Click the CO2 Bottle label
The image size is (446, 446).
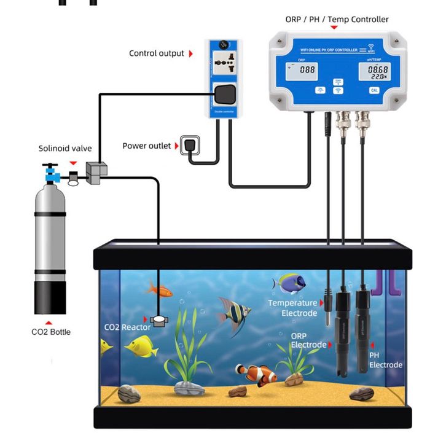tap(51, 332)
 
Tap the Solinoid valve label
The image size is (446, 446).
tap(65, 148)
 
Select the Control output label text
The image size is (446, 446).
tap(156, 53)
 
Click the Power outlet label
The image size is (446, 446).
tap(146, 146)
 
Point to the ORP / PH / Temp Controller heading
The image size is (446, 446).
tap(337, 20)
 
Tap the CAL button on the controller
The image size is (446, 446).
tap(374, 90)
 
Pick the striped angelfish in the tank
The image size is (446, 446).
tap(234, 315)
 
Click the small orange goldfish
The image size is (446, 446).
tap(158, 288)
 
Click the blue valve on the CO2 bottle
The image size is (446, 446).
tap(50, 176)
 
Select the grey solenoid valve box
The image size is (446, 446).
tap(96, 172)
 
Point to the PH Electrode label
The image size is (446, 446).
tap(385, 360)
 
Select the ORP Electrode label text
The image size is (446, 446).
tap(308, 340)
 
